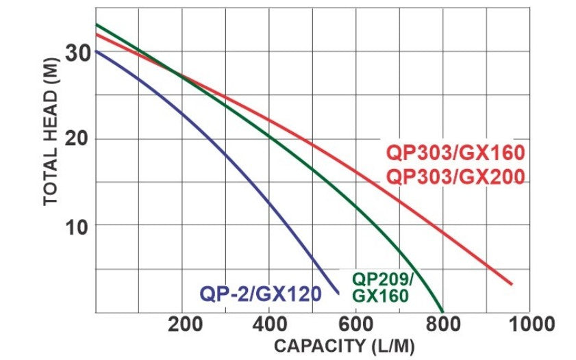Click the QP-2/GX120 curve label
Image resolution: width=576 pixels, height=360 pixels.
[x=260, y=294]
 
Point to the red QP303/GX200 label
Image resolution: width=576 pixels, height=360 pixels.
[x=455, y=177]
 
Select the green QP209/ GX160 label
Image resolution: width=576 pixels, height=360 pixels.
[x=382, y=287]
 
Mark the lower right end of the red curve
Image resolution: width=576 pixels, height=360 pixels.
[x=512, y=284]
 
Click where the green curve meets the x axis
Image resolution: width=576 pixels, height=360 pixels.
[x=442, y=311]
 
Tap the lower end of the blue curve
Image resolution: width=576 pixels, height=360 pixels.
[x=339, y=293]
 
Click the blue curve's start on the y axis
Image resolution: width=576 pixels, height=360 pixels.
[x=96, y=51]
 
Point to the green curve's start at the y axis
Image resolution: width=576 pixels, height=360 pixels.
[x=96, y=25]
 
